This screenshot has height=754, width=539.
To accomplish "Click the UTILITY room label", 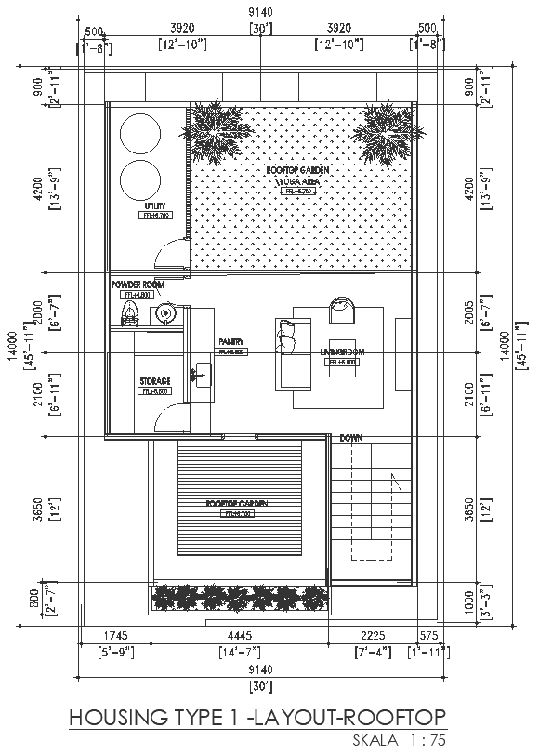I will coord(154,206).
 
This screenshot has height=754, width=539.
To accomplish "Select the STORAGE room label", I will coord(154,382).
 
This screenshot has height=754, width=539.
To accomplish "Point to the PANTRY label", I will coord(230,342).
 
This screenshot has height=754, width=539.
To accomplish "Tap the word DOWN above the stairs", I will coord(350,437).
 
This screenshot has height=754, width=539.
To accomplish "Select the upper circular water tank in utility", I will coord(140,133).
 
